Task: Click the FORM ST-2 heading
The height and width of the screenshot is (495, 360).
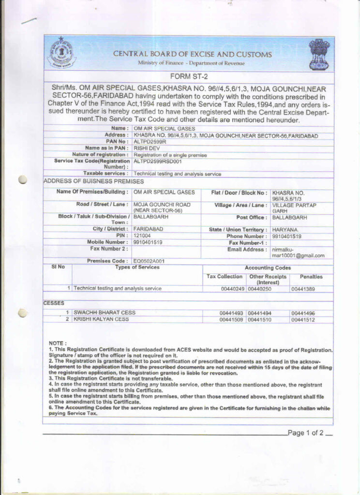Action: click(x=189, y=76)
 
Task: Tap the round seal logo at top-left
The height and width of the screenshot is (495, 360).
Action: click(x=61, y=53)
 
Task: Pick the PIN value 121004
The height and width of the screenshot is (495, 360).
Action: click(x=142, y=235)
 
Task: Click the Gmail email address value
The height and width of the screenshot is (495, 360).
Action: click(x=298, y=252)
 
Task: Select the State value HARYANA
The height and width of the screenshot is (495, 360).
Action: click(x=285, y=229)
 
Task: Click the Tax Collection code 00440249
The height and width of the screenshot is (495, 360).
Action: click(x=230, y=289)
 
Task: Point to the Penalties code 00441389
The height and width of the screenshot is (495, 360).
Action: click(x=303, y=289)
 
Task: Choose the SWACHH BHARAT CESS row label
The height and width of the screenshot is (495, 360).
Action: click(x=105, y=313)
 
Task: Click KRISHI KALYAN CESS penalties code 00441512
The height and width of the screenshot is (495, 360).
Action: click(x=303, y=320)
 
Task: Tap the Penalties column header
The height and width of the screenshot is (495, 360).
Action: click(x=311, y=277)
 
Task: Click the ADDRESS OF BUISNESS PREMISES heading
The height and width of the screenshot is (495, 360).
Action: click(x=93, y=181)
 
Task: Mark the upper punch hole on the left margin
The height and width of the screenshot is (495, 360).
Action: click(x=22, y=180)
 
